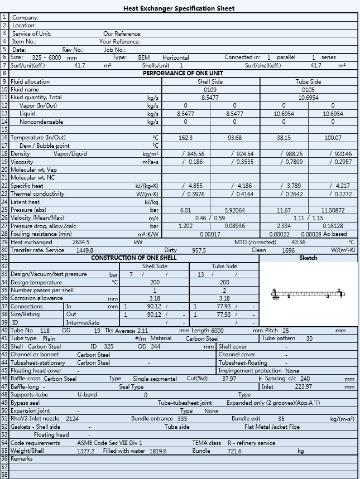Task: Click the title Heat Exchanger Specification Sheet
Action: coord(179,8)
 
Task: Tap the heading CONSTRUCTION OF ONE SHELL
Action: coord(134,258)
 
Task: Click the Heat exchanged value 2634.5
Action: coord(81,243)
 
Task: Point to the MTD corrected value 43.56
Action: coord(299,243)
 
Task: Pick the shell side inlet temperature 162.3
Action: coord(185,138)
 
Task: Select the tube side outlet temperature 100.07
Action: coord(333,138)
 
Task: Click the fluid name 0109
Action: coord(210,89)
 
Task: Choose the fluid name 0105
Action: coord(308,89)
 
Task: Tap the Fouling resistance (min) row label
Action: coord(41,234)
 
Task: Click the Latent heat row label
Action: coord(25,202)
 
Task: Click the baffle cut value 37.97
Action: coord(229,379)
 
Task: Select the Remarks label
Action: coord(22,459)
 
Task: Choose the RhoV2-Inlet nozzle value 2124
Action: coord(73,418)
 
